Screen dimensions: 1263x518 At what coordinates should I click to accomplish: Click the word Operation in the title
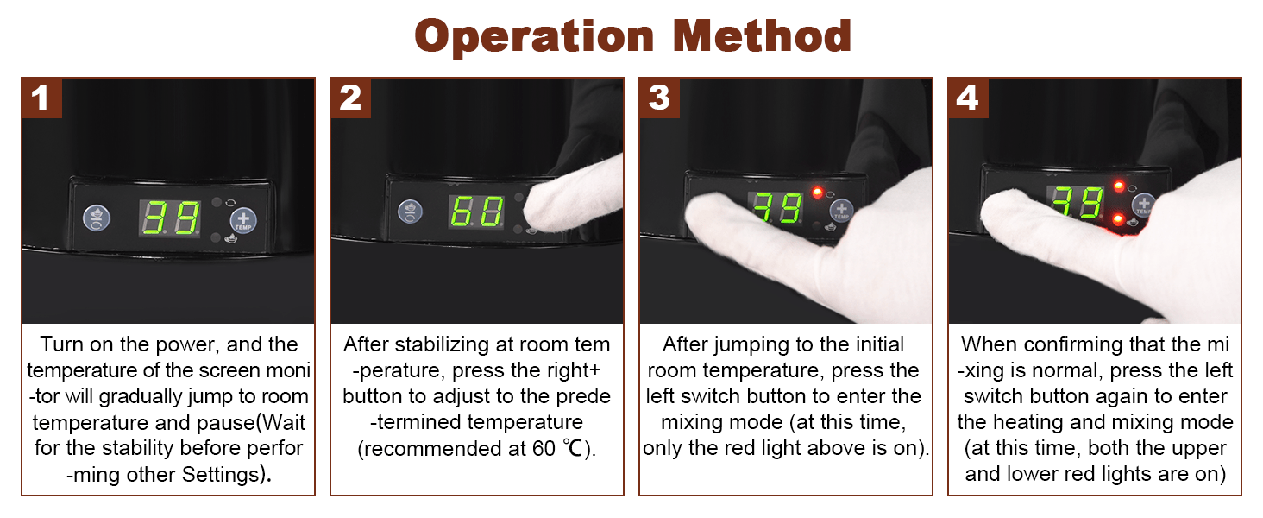(535, 37)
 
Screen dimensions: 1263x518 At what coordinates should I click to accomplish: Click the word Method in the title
(762, 36)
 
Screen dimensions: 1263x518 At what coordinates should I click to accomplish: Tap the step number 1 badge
(41, 98)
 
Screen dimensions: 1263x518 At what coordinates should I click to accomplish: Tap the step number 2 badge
(351, 98)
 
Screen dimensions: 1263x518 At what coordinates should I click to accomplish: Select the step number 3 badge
(660, 98)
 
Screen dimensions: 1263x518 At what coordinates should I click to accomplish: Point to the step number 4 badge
(968, 98)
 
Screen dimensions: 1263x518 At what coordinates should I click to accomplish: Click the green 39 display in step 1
(170, 218)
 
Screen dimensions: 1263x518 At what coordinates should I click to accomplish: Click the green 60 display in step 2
(476, 212)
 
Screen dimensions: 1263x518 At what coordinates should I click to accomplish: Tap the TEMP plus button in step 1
(243, 220)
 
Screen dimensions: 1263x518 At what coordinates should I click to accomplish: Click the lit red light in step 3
(817, 193)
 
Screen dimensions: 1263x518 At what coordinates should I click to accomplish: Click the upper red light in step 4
(1119, 186)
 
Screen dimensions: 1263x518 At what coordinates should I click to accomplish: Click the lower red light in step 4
(1117, 219)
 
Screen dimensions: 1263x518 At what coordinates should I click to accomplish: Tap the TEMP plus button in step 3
(841, 211)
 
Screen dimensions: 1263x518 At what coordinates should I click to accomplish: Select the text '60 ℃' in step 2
(557, 449)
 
